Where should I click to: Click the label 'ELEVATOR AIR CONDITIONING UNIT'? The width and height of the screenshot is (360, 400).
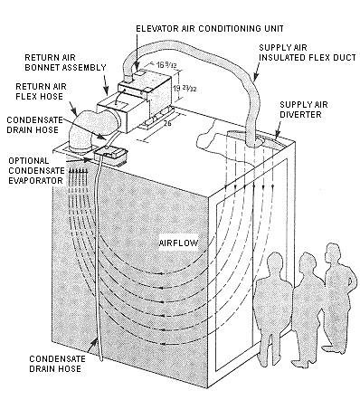click(x=210, y=29)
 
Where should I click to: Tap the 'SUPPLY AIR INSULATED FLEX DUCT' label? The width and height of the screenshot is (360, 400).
click(x=308, y=52)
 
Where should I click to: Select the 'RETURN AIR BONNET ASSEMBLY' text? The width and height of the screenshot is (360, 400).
click(x=65, y=62)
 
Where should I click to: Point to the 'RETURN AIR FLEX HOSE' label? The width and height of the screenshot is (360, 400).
click(x=41, y=91)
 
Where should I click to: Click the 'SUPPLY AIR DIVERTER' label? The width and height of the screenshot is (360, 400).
click(x=303, y=110)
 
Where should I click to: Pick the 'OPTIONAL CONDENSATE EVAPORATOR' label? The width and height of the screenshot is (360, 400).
click(x=36, y=171)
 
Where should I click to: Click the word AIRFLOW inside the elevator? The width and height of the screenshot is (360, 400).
click(x=179, y=243)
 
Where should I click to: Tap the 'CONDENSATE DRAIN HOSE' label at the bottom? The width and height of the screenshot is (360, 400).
click(x=57, y=364)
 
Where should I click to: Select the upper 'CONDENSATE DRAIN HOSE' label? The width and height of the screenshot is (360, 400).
click(x=34, y=125)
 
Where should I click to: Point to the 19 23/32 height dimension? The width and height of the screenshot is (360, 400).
click(x=185, y=88)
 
